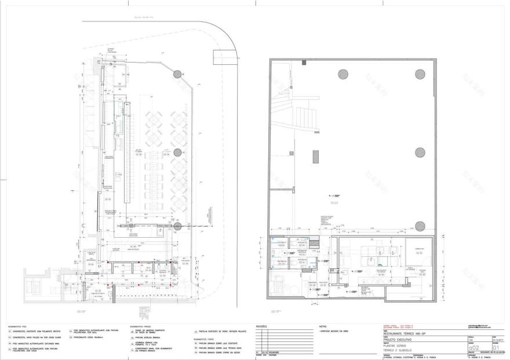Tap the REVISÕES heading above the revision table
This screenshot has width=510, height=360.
tap(263, 326)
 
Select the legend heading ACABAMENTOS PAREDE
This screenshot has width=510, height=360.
tap(140, 326)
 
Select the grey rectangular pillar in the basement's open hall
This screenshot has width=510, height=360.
tap(316, 157)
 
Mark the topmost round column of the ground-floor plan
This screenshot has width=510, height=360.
tap(176, 74)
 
